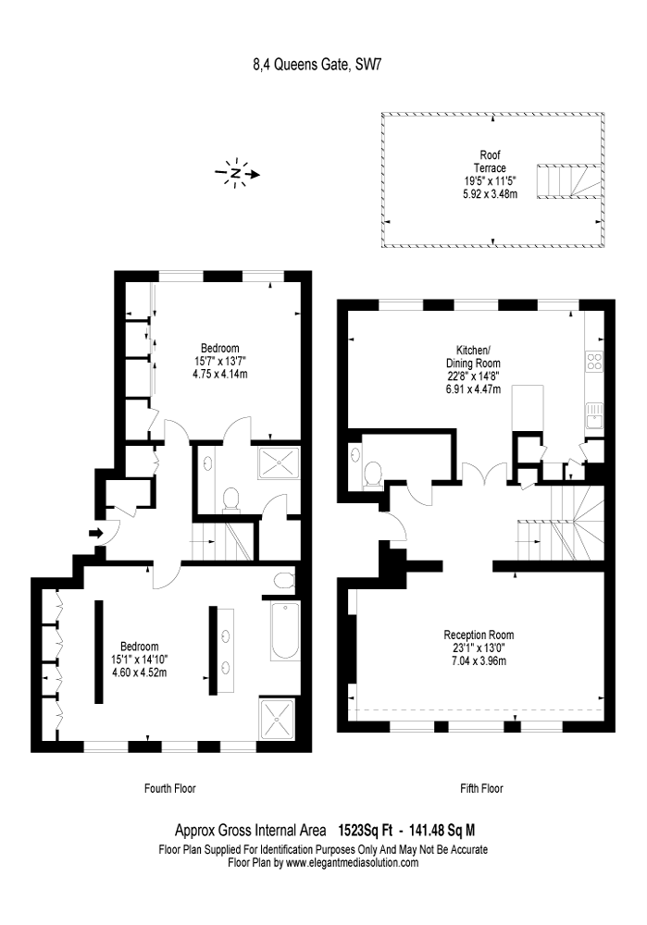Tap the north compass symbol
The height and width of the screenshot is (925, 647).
click(x=237, y=173)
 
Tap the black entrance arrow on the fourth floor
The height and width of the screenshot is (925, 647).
click(x=95, y=532)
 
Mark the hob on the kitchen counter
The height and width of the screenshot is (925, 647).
click(x=595, y=363)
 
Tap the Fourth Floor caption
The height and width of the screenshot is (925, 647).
click(x=170, y=789)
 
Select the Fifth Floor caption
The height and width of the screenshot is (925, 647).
click(x=481, y=789)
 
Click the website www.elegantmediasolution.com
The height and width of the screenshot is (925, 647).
click(x=352, y=863)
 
